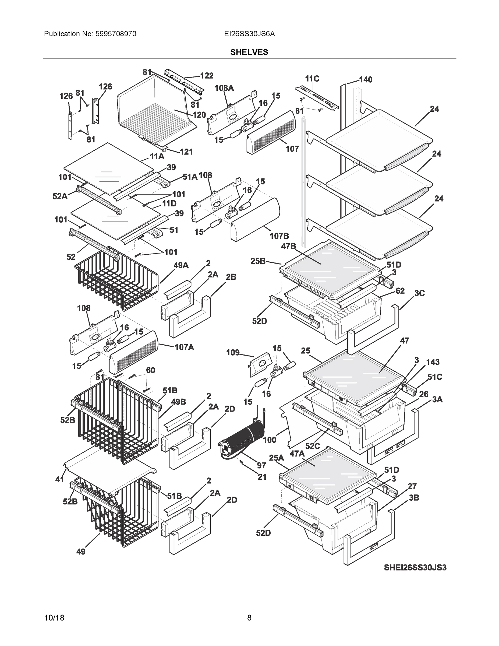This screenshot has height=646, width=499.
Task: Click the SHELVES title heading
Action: [x=249, y=52]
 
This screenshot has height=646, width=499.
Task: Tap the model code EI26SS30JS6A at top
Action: [x=249, y=34]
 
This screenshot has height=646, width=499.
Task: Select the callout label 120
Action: [x=199, y=115]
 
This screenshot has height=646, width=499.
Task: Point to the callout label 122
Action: [x=207, y=76]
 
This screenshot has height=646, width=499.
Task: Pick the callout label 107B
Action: [x=279, y=236]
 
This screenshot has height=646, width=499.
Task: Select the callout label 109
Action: [x=233, y=353]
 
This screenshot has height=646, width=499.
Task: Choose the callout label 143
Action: [x=433, y=362]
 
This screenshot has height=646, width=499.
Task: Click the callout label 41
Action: [x=60, y=479]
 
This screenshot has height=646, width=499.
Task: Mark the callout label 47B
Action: [x=289, y=246]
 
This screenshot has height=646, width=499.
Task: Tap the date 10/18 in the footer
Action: [x=54, y=618]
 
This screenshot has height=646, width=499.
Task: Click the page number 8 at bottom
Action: [x=249, y=618]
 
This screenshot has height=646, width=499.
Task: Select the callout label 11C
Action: [x=312, y=79]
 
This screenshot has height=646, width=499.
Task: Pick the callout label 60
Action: [x=150, y=370]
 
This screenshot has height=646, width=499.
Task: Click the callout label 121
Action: [x=186, y=152]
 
